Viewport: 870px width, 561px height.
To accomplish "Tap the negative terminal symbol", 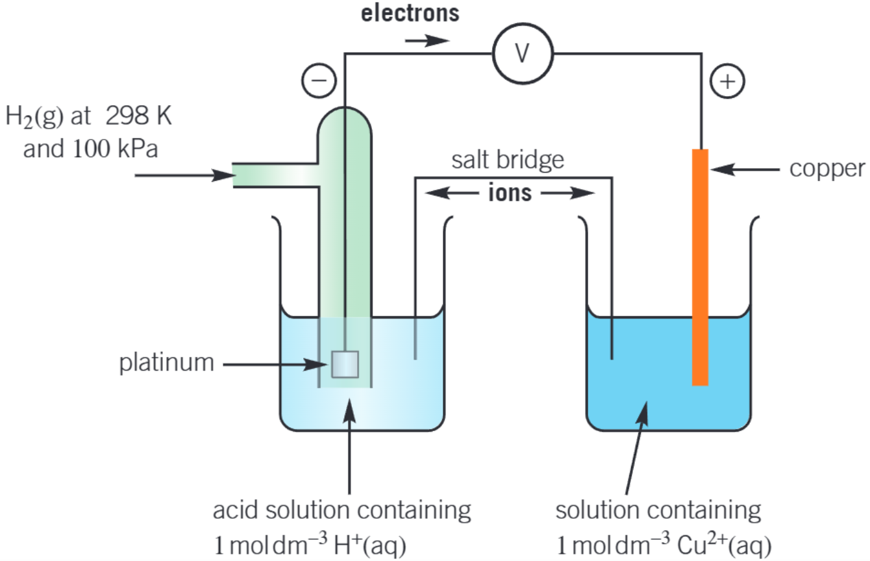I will [318, 81].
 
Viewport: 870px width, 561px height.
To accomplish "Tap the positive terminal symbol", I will [727, 81].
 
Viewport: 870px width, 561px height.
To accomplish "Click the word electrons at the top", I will [410, 14].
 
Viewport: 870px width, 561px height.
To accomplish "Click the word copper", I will [826, 169].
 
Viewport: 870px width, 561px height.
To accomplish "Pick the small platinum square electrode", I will [345, 364].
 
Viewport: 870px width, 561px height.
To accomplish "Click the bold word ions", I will [510, 193].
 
